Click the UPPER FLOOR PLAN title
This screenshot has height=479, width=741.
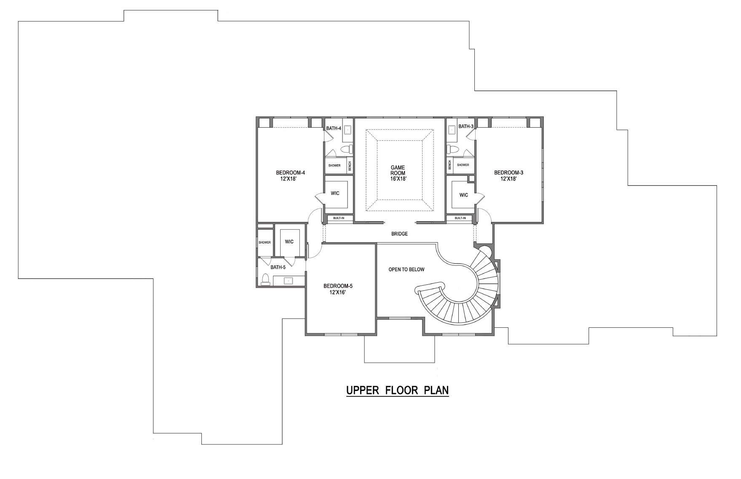[397, 390]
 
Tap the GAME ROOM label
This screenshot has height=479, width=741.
[398, 171]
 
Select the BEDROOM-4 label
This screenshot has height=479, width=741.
[290, 173]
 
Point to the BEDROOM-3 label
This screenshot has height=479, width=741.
[508, 173]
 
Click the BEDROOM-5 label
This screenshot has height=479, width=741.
[338, 286]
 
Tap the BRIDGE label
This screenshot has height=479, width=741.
[399, 234]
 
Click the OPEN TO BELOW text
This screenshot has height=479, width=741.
[406, 270]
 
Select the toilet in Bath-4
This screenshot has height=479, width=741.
[346, 149]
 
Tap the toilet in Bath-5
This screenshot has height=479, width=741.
[265, 280]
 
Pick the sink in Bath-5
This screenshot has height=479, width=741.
[289, 281]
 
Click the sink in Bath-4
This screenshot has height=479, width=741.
[348, 129]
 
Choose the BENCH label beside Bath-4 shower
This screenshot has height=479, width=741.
[350, 166]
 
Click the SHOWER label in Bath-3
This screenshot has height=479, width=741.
[463, 165]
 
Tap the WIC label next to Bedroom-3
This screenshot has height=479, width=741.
[463, 195]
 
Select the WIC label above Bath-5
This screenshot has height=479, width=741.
[289, 242]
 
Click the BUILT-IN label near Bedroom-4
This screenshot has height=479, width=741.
[339, 218]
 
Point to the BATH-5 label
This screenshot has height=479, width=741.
[278, 267]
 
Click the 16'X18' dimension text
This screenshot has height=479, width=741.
[398, 179]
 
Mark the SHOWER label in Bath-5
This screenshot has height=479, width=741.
[265, 243]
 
